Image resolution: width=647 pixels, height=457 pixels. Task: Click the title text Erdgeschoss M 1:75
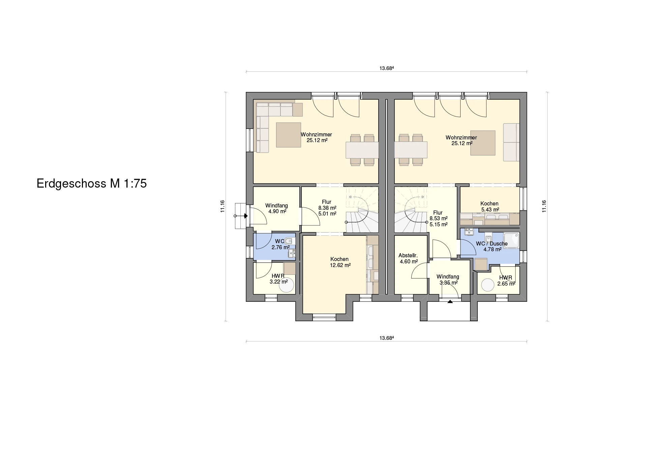[92, 184]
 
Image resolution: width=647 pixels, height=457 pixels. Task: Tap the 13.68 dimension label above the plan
[387, 68]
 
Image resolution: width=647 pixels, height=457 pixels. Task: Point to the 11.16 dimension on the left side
[222, 206]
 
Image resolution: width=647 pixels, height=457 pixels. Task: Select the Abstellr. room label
[408, 255]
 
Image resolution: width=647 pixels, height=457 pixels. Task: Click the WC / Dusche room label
[492, 243]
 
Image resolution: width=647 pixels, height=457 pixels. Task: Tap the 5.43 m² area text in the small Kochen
[490, 209]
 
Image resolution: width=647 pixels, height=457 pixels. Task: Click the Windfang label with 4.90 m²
[276, 205]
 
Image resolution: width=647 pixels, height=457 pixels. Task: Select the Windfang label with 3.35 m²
[448, 276]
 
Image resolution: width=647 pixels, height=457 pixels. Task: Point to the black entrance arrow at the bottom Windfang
[450, 302]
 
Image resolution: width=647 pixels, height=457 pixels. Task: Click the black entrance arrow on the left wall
[246, 216]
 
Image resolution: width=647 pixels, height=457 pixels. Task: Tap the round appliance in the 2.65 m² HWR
[488, 285]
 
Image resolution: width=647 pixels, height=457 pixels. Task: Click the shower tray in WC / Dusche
[511, 240]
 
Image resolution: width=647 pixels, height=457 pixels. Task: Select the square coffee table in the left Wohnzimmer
[288, 135]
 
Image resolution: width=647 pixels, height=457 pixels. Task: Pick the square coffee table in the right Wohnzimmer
[483, 143]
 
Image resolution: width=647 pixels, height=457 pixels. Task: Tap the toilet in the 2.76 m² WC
[290, 241]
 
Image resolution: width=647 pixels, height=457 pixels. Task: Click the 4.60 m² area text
[409, 261]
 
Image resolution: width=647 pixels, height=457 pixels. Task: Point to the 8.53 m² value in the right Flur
[438, 218]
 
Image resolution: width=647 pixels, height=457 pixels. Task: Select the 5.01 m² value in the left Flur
[327, 214]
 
